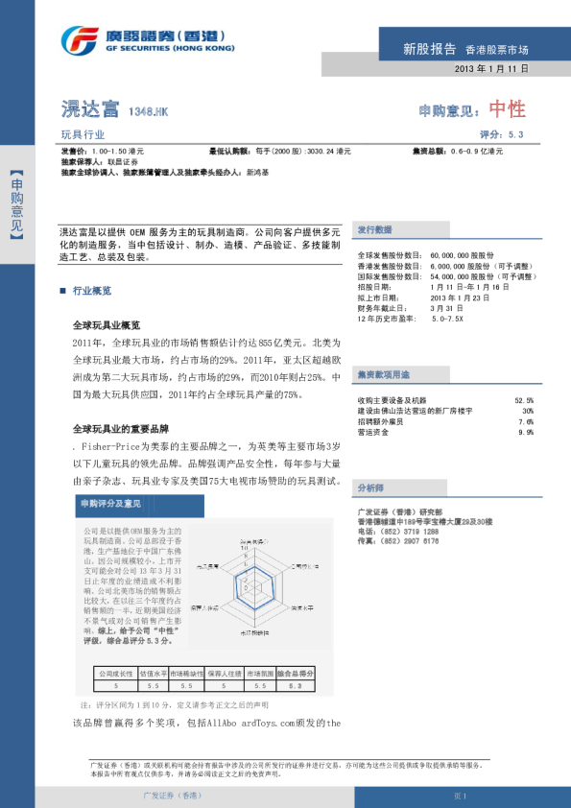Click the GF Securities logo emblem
(80, 41)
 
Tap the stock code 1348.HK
(149, 112)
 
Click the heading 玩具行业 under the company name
(83, 135)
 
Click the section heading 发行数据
(374, 230)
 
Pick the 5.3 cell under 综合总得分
(295, 686)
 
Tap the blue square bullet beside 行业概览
(62, 290)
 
